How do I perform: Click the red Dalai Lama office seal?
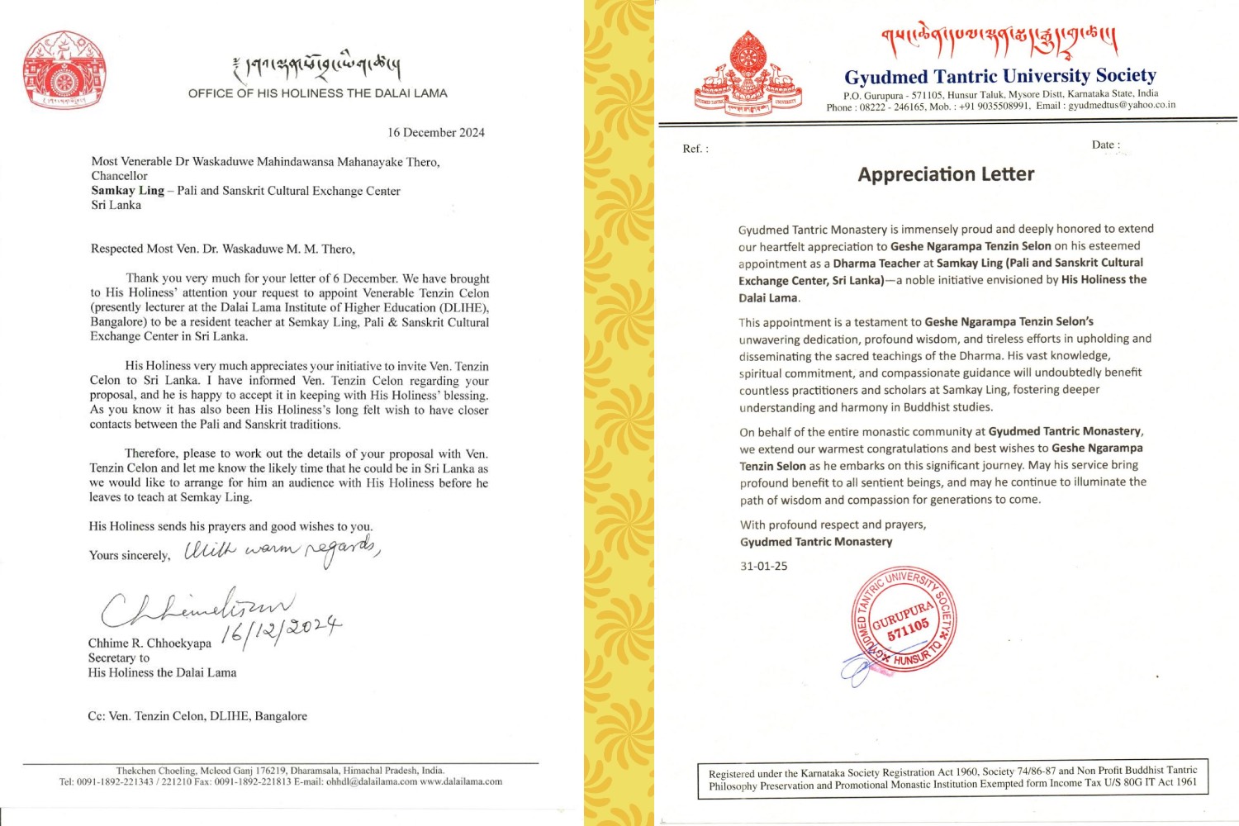(x=64, y=71)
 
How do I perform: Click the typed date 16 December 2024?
(x=436, y=133)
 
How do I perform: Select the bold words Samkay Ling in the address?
(x=128, y=191)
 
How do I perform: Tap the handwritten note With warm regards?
(x=281, y=550)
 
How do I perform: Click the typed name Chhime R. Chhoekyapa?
(x=150, y=643)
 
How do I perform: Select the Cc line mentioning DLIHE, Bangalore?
(x=197, y=716)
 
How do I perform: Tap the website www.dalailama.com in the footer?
(x=461, y=781)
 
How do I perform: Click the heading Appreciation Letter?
(x=946, y=174)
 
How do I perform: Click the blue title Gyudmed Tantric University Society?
(x=999, y=77)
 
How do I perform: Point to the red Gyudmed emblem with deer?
(x=748, y=74)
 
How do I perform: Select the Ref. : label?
(x=695, y=149)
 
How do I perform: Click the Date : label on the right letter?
(x=1105, y=145)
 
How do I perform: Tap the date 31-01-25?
(x=763, y=567)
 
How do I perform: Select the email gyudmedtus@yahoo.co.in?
(x=1121, y=106)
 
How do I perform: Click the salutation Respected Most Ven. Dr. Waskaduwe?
(x=222, y=249)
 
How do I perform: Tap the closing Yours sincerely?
(x=130, y=556)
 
